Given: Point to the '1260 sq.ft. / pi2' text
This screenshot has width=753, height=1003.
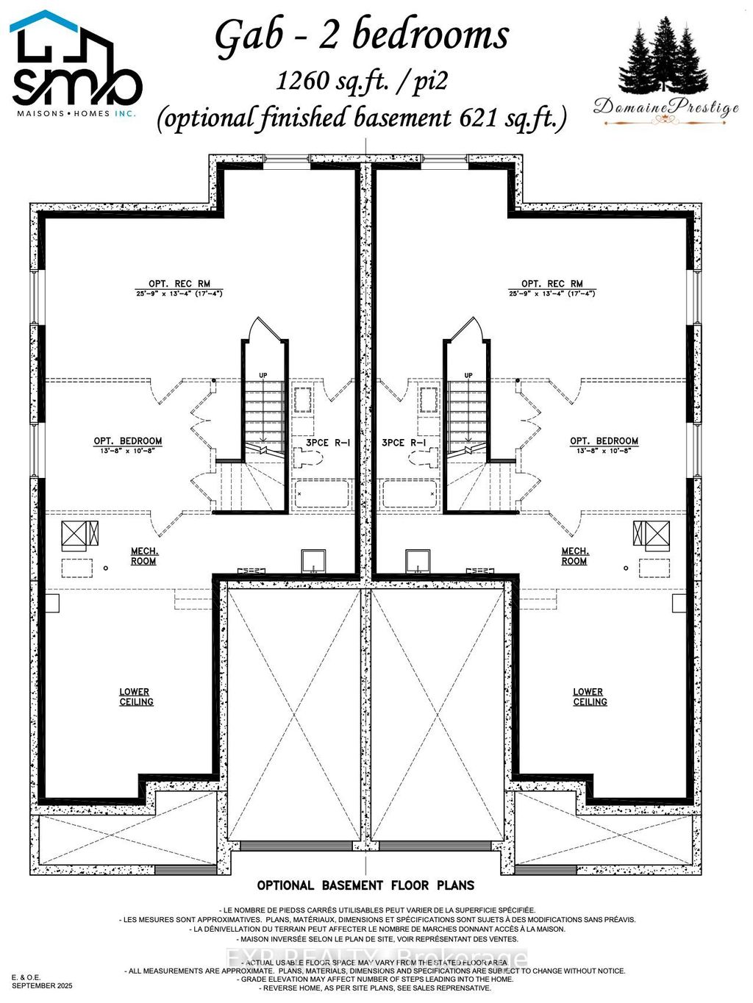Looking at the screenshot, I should pos(362,79).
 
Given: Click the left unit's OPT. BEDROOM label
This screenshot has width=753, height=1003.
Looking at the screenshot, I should pos(128,441).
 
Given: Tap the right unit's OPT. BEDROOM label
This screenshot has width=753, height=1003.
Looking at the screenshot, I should pos(604,441).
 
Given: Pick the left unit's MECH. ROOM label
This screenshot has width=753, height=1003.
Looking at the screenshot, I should pos(144,556).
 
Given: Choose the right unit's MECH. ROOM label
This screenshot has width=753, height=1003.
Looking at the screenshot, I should pos(574,556).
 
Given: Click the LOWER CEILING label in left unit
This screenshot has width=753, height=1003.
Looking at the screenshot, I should pos(135,696).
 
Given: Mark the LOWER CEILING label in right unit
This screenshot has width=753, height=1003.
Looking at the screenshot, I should pos(590,696).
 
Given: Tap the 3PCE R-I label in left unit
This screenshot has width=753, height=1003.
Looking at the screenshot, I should pos(321,443).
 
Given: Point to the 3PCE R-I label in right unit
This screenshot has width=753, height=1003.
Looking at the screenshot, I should pos(404,443).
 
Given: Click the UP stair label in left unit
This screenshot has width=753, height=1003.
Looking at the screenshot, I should pos(263,376).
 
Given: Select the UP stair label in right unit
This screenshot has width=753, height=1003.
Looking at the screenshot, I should pos(468,376).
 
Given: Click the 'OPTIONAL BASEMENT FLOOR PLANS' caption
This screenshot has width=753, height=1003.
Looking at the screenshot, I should pos(365,885).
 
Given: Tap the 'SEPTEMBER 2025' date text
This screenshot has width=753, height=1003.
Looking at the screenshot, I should pos(42,985).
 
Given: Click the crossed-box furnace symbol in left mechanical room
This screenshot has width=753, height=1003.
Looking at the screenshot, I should pos(73,533).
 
